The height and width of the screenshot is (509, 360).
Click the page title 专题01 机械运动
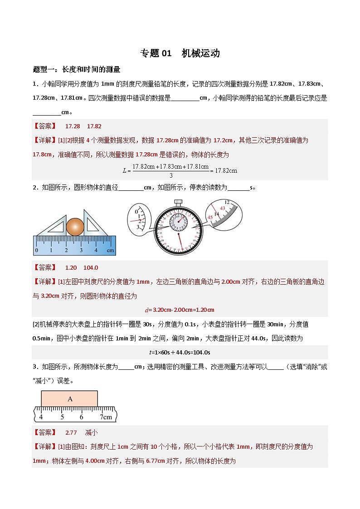180,53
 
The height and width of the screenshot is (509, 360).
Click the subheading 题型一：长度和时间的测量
77,69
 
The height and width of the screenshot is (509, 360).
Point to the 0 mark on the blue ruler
37,250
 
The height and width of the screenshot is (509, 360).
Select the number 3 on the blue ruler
81,250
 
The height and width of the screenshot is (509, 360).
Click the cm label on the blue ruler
110,250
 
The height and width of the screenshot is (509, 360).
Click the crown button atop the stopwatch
178,202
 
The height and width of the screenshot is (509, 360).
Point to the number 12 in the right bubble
227,202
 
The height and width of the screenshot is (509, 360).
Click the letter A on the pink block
70,399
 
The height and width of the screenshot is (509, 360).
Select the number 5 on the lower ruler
62,417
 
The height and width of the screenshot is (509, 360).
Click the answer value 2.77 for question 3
71,432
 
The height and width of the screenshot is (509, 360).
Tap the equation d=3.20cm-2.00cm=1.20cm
180,310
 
